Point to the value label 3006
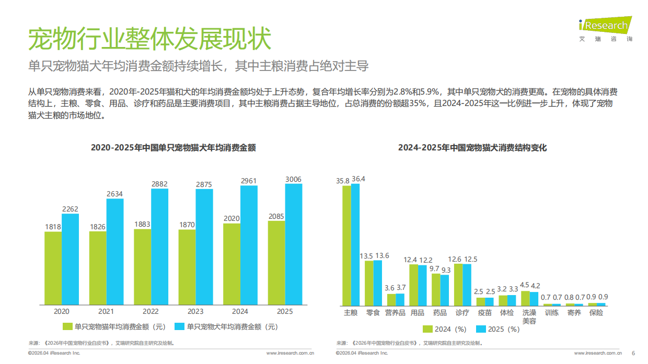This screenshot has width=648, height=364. click(x=293, y=179)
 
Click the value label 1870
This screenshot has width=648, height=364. click(x=187, y=225)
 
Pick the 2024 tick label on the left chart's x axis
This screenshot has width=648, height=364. click(x=240, y=312)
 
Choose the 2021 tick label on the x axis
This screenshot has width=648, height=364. click(x=106, y=312)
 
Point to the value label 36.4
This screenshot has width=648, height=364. click(x=358, y=179)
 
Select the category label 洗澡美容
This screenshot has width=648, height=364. click(x=529, y=316)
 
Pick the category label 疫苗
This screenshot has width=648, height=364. click(x=484, y=313)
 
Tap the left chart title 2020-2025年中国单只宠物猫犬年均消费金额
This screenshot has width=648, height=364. click(x=173, y=148)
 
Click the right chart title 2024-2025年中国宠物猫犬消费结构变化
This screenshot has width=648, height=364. click(x=472, y=148)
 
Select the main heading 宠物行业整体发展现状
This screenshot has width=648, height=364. click(x=149, y=39)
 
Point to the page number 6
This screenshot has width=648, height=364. click(x=633, y=353)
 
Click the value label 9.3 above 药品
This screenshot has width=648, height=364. click(x=445, y=270)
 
